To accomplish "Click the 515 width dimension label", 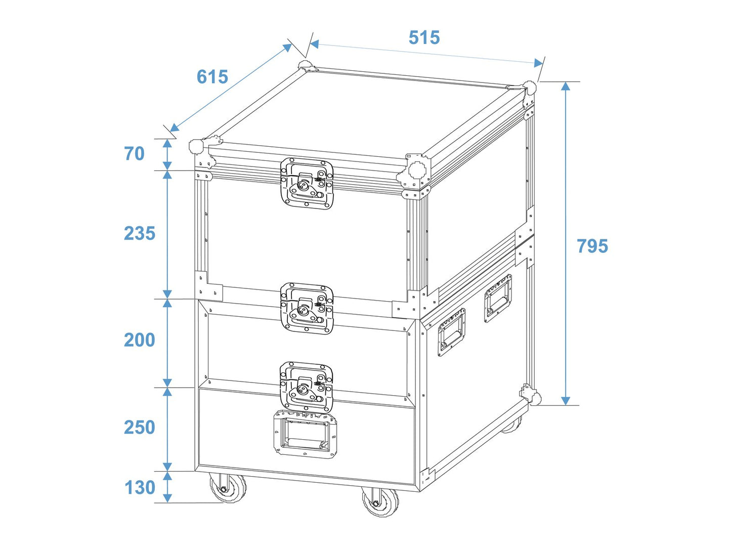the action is point(424,37).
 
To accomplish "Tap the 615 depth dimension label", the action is point(212,76).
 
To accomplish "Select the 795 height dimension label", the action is point(592,246).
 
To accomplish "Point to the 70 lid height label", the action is point(135,154).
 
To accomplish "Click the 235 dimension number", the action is point(140,233).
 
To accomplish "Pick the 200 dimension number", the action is point(140,340).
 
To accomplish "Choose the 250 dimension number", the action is point(140,428).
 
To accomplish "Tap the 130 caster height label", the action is point(140,487).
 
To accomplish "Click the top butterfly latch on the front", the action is point(307,184).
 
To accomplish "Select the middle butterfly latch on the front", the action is point(307,309).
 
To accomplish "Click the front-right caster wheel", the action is point(379,502).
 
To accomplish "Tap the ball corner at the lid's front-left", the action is point(196,146).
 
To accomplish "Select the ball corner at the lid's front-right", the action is point(417,170).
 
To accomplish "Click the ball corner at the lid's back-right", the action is point(529,88).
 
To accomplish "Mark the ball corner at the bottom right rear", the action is point(535,398).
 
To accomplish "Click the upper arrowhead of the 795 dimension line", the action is point(566,86).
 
